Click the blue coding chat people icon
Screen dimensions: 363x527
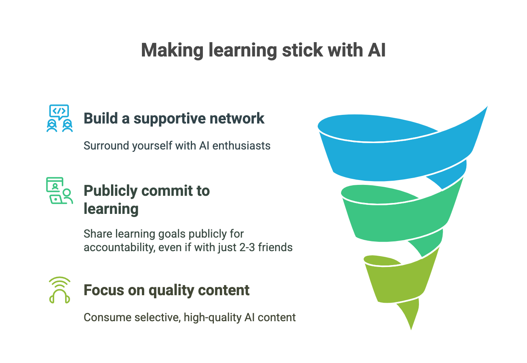(59, 118)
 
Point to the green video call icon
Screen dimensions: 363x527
(59, 191)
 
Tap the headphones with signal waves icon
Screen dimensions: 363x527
(59, 290)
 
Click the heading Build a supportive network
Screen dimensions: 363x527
(174, 119)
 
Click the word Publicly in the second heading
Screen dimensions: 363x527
(111, 191)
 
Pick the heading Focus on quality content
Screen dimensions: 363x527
(166, 290)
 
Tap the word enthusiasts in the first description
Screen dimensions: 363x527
(241, 146)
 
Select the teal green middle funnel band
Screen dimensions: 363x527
(399, 220)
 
